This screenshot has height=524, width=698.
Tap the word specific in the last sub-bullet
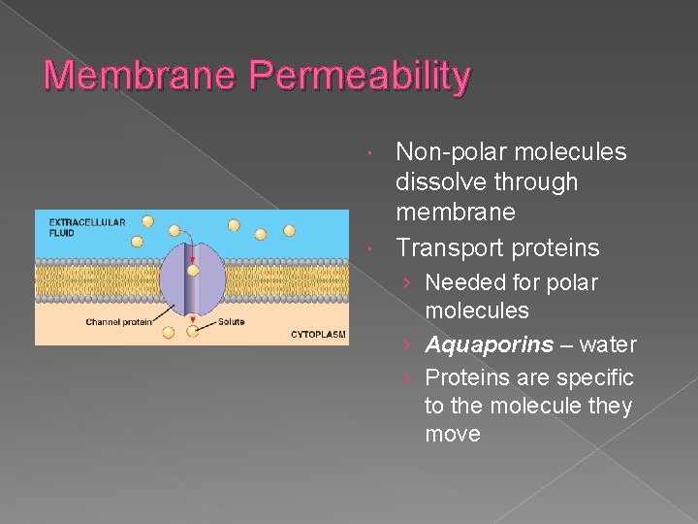coord(598,377)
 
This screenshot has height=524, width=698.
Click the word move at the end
coord(453,434)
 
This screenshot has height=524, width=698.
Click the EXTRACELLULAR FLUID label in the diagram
coord(87,227)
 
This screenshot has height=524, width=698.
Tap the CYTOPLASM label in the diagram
coord(318,334)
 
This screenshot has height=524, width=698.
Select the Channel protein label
coord(118,322)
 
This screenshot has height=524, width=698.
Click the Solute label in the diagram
coord(232,322)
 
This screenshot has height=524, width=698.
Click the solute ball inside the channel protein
coord(193,271)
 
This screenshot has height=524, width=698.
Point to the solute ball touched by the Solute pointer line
coord(194,332)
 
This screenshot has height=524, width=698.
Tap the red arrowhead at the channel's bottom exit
coord(193,318)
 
